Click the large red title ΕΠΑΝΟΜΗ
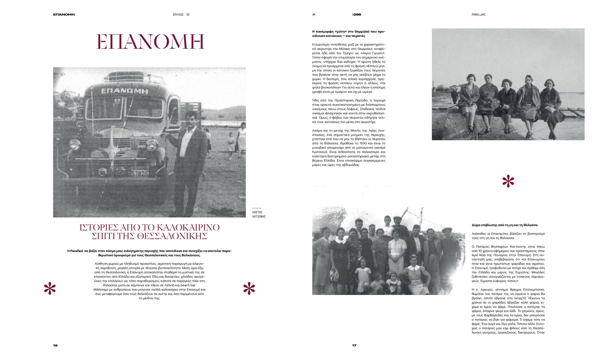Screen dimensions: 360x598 pyautogui.click(x=150, y=42)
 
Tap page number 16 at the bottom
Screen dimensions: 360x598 pyautogui.click(x=55, y=345)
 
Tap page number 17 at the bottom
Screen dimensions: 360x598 pyautogui.click(x=354, y=345)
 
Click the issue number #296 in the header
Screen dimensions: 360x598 pyautogui.click(x=357, y=15)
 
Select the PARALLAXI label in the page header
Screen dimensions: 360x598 pyautogui.click(x=478, y=15)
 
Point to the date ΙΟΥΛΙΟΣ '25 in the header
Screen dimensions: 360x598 pyautogui.click(x=181, y=15)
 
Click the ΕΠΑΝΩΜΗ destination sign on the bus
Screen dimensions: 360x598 pyautogui.click(x=125, y=91)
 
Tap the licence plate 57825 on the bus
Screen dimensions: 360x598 pyautogui.click(x=139, y=173)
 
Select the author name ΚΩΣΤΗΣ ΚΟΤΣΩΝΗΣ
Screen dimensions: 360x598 pyautogui.click(x=259, y=214)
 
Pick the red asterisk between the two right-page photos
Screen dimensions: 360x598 pyautogui.click(x=508, y=181)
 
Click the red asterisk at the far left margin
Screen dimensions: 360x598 pyautogui.click(x=50, y=288)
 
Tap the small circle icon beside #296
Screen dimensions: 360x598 pyautogui.click(x=314, y=15)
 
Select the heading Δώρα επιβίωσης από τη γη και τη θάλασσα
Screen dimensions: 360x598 pyautogui.click(x=505, y=225)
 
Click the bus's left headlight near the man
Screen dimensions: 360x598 pyautogui.click(x=152, y=145)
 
